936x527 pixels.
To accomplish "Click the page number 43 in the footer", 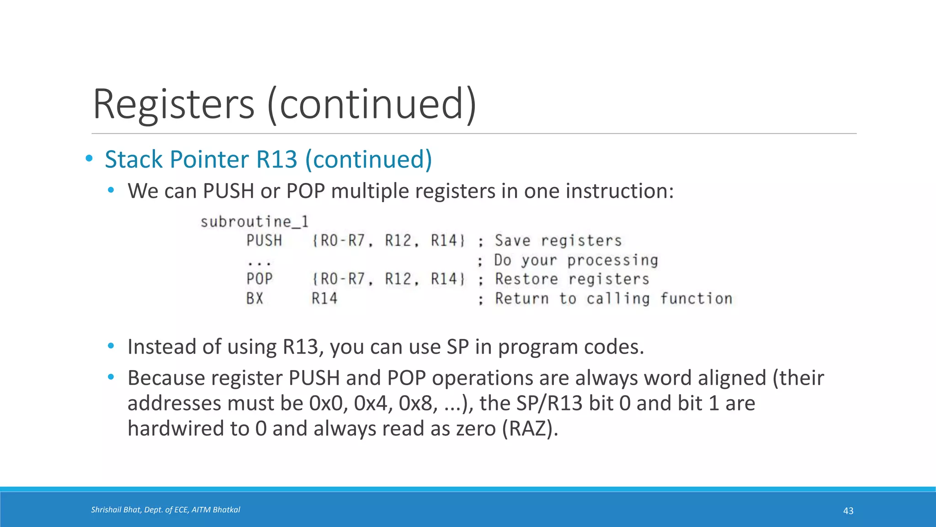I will point(848,511).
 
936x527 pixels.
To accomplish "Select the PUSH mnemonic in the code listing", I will point(264,241).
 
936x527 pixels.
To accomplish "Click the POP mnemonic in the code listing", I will point(260,279).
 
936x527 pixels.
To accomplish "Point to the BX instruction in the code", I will point(255,299).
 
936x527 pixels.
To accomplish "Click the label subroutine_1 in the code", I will point(255,222).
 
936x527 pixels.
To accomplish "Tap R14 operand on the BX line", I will point(324,299).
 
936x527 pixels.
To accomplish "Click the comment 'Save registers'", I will point(558,241).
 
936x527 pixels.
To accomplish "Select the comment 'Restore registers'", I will point(572,279).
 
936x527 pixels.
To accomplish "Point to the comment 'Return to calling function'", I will point(613,299).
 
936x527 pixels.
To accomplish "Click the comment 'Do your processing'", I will point(576,260).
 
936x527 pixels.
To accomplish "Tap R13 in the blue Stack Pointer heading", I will point(277,159).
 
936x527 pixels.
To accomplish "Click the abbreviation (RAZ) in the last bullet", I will point(530,429).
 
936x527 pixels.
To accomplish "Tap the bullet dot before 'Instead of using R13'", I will point(111,346).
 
